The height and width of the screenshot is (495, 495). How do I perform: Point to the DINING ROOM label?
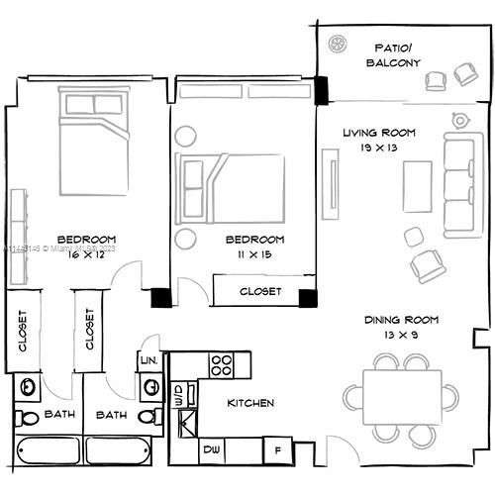click(401, 319)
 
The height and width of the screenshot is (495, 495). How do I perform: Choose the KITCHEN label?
click(250, 403)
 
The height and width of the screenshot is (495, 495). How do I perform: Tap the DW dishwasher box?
click(210, 450)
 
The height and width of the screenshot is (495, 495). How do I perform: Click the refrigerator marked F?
click(278, 450)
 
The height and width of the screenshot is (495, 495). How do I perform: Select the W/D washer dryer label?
click(179, 397)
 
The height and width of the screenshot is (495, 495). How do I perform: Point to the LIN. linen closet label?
click(149, 361)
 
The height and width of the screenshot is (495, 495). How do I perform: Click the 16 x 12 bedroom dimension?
click(87, 254)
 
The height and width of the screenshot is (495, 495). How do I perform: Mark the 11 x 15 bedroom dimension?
click(254, 254)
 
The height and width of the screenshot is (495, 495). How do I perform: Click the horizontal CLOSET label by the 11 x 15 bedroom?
click(260, 292)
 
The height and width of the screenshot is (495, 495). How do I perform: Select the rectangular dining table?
click(404, 397)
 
